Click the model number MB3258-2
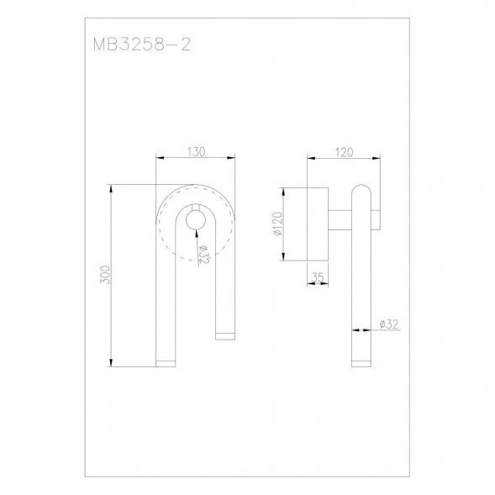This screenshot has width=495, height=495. pos(142,45)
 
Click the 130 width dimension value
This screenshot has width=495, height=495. pos(197,152)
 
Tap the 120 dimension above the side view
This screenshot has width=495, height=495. pos(344,152)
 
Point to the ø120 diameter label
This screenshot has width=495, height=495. pos(278,224)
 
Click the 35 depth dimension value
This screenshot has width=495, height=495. pos(318,277)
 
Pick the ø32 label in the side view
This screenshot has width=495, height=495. pos(389,324)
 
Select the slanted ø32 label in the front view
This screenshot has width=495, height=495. pos(203,255)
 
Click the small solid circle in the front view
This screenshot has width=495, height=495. pos(196,219)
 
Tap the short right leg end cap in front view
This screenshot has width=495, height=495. pos(225,336)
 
